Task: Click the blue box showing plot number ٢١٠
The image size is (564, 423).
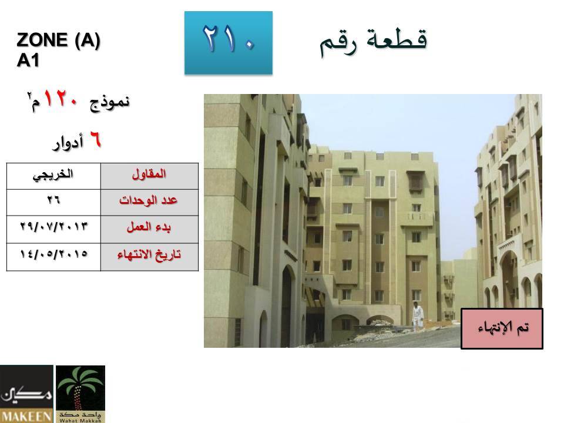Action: (x=229, y=43)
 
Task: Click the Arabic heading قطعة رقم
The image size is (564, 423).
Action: (x=374, y=42)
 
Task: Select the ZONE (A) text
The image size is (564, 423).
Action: (x=58, y=40)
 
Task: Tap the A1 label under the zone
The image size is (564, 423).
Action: (x=28, y=60)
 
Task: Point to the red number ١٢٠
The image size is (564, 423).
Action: (x=61, y=99)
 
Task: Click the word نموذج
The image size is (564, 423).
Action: (x=110, y=102)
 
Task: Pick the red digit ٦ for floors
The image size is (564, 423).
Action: (x=95, y=139)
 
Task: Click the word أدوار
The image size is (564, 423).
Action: (x=68, y=142)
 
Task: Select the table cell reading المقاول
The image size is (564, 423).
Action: (x=149, y=176)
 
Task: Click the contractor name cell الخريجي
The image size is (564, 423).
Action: (x=53, y=176)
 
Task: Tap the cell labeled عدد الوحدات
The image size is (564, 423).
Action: (x=149, y=203)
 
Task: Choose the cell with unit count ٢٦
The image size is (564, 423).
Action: (x=53, y=203)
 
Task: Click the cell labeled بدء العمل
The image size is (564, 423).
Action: (x=149, y=230)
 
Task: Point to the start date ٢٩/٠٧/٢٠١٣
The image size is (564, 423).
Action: (x=53, y=230)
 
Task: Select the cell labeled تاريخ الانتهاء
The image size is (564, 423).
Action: (x=149, y=257)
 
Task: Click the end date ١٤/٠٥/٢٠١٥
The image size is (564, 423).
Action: (x=53, y=257)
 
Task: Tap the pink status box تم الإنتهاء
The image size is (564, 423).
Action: (x=502, y=328)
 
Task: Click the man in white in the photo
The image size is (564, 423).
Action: (x=417, y=316)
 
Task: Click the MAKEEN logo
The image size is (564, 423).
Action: (x=26, y=394)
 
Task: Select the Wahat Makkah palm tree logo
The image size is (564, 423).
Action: (x=80, y=394)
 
